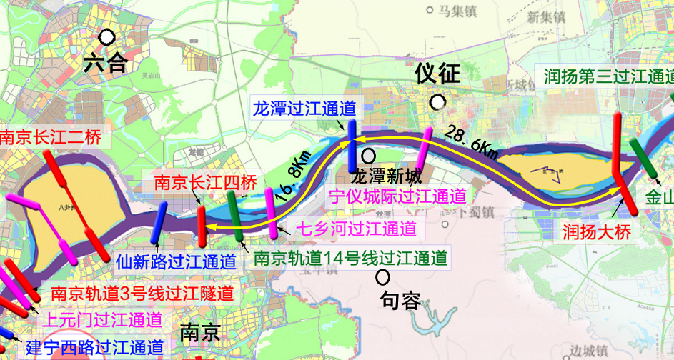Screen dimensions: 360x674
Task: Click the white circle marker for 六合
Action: pos(107,36)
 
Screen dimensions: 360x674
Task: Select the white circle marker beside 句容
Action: pos(385,275)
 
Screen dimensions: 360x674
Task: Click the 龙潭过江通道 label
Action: pos(304,109)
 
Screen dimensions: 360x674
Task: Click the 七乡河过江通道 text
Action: pos(355,229)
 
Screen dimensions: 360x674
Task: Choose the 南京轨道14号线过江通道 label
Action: pos(351,257)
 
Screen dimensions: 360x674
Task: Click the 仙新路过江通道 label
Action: pos(177,262)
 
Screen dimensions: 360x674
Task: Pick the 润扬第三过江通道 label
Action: pos(608,77)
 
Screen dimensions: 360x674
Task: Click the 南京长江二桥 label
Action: pos(50,137)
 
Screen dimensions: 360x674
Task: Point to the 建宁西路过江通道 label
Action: pos(94,349)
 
